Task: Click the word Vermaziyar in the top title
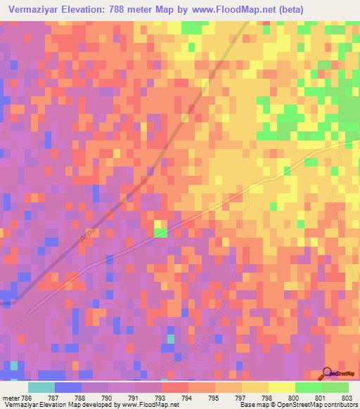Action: (34, 9)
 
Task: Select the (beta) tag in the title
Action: (330, 9)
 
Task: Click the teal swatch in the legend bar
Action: (41, 387)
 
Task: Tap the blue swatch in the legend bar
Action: (67, 387)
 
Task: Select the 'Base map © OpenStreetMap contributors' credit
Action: (299, 404)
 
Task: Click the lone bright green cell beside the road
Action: (160, 233)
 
